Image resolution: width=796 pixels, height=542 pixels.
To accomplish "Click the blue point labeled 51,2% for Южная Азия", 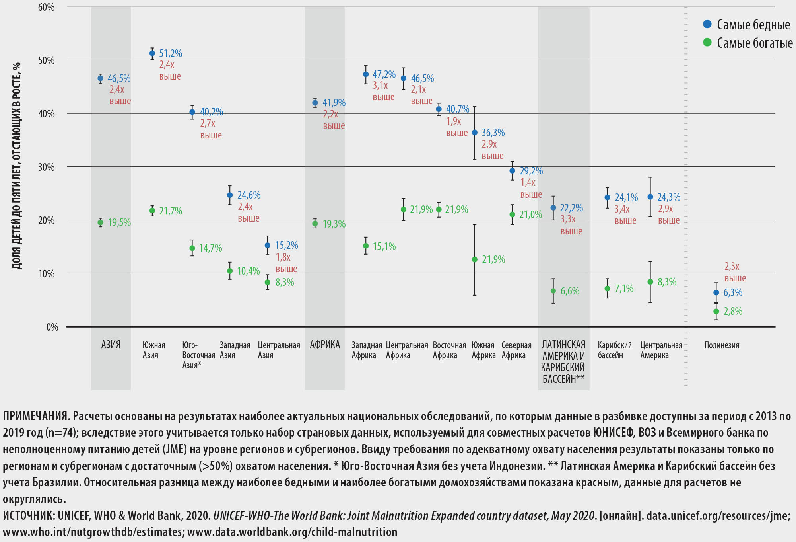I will click(x=152, y=53).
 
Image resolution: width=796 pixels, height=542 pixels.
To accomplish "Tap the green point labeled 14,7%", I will click(x=192, y=248).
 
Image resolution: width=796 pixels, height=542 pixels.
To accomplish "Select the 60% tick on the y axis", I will click(x=47, y=7).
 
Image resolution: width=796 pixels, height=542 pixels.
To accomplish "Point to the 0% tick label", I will click(x=52, y=327).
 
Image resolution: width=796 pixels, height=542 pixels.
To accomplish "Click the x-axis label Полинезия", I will click(x=722, y=345).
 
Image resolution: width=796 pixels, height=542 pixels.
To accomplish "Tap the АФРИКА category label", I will click(x=325, y=345).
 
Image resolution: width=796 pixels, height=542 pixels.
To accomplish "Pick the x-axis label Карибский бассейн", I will click(x=614, y=350).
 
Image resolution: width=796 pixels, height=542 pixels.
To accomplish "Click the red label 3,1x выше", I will click(x=383, y=91).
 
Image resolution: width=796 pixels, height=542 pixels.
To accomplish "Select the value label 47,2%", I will click(x=384, y=74).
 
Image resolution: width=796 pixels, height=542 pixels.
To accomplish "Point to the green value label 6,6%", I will click(x=570, y=291).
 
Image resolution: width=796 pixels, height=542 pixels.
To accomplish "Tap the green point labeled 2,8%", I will click(x=716, y=312).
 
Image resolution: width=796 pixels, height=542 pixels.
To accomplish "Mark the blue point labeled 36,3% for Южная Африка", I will click(x=474, y=133).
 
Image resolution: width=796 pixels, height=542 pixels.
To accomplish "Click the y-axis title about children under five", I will click(x=17, y=166).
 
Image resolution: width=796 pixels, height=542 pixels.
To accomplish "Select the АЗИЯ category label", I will click(x=111, y=345).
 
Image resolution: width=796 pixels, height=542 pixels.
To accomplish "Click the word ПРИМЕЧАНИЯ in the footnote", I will click(x=36, y=416).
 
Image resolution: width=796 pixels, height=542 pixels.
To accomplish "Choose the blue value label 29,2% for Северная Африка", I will click(x=531, y=171).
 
